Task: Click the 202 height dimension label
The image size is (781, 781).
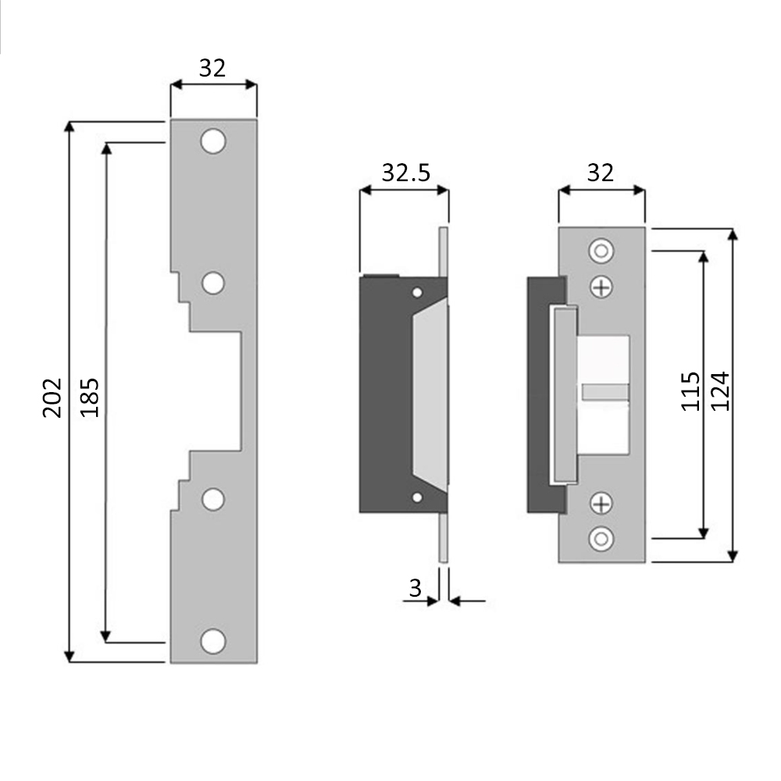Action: click(52, 398)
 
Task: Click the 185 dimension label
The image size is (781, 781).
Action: click(90, 398)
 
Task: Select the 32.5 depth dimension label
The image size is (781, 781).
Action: click(406, 173)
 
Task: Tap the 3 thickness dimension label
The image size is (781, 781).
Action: click(415, 588)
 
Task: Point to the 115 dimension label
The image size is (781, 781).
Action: click(691, 391)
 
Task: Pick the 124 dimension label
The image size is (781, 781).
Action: click(720, 391)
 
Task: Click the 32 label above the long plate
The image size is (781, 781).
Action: click(212, 68)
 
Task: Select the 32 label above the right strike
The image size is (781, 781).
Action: click(600, 173)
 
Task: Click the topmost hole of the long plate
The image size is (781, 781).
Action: click(213, 141)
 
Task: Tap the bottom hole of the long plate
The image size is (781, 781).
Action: click(213, 641)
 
